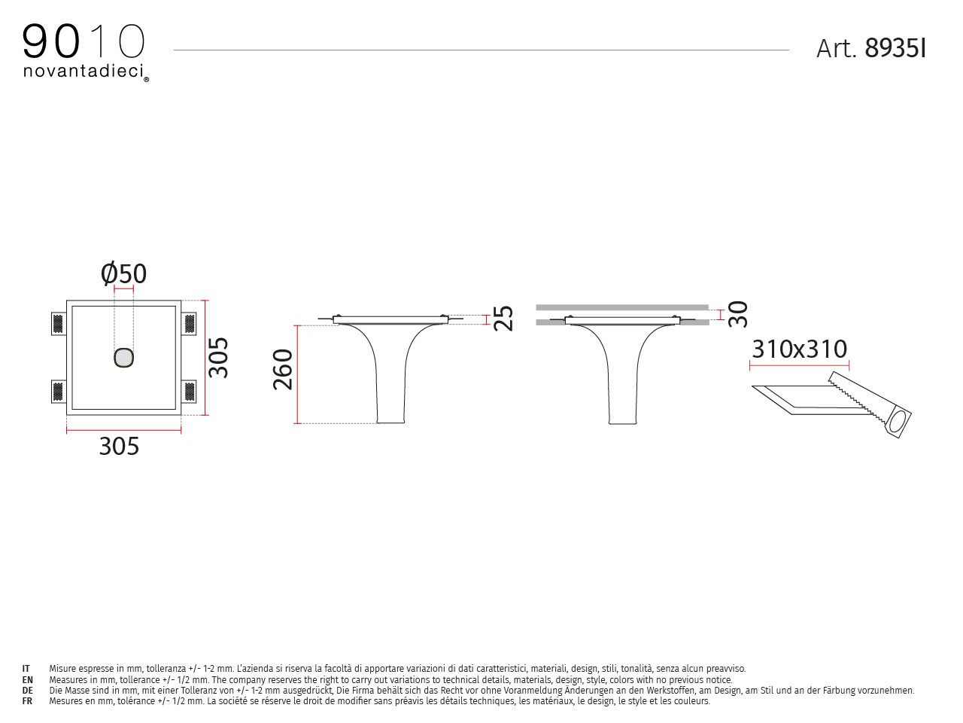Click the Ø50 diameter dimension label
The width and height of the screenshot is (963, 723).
(x=124, y=273)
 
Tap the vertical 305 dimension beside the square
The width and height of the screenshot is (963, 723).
(x=218, y=357)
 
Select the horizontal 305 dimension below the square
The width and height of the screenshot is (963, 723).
(x=120, y=447)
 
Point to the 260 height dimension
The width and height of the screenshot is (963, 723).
(x=283, y=369)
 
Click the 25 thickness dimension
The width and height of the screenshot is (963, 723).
(x=503, y=318)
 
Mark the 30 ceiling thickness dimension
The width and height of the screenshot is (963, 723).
(x=738, y=313)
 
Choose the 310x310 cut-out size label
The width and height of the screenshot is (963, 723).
(x=800, y=349)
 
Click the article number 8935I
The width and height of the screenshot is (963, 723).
(x=895, y=48)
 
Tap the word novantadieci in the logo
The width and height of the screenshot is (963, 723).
(x=83, y=72)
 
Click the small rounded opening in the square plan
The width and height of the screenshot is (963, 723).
(x=123, y=358)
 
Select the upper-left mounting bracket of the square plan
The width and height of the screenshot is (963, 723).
(x=58, y=324)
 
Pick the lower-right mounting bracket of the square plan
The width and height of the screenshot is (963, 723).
(x=190, y=392)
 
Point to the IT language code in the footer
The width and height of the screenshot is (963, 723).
(x=26, y=668)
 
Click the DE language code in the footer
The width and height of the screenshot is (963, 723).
(x=27, y=690)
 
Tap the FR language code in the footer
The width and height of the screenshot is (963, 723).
(x=27, y=700)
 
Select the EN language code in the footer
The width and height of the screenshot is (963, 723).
(x=27, y=679)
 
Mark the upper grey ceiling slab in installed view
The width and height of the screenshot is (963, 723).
(x=622, y=307)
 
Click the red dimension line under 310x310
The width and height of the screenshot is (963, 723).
(x=800, y=367)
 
